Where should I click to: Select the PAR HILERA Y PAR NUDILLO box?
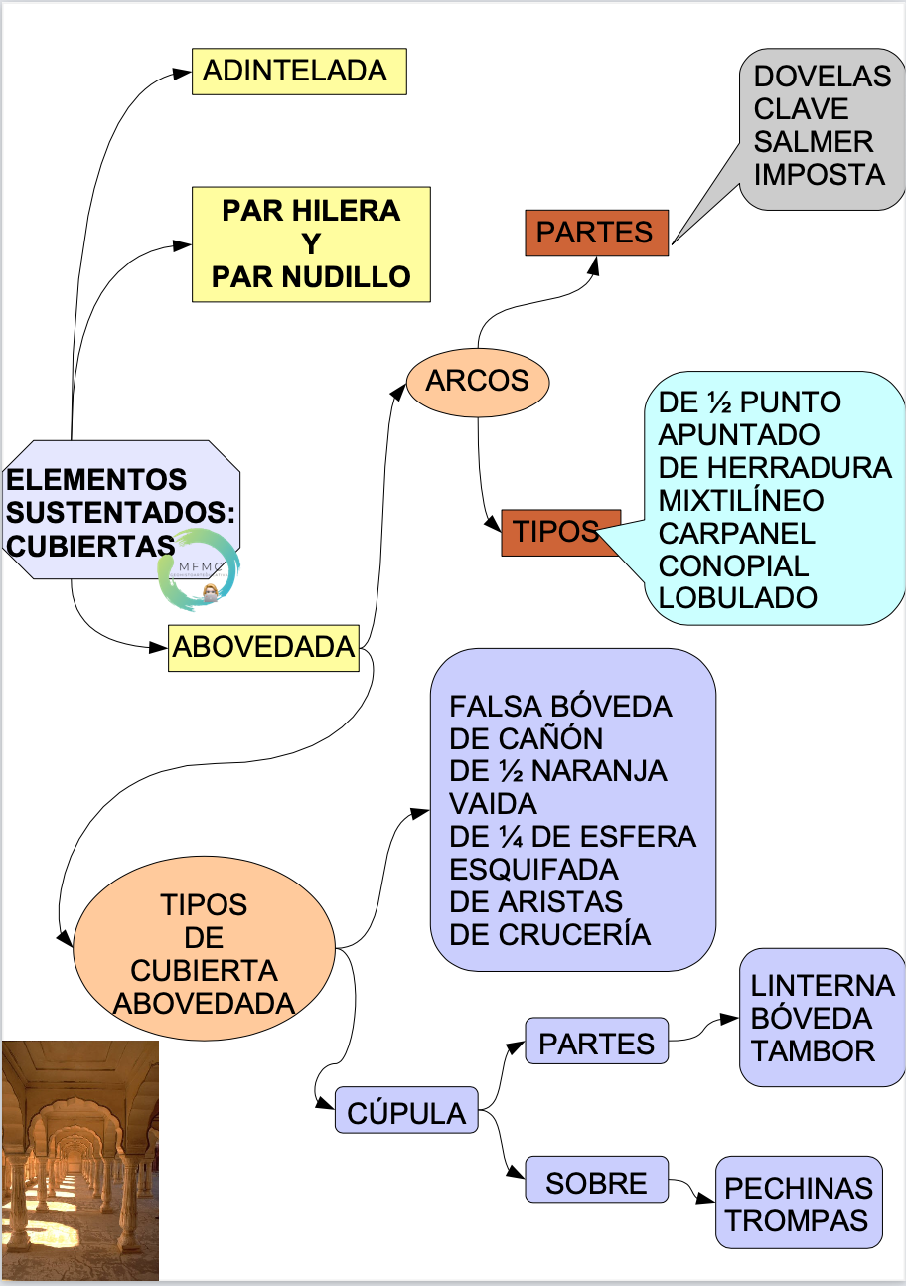[x=310, y=244]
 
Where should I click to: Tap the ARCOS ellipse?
[x=478, y=381]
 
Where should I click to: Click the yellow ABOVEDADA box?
[x=263, y=647]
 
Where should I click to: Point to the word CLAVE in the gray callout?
[x=802, y=108]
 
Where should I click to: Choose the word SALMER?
[x=814, y=141]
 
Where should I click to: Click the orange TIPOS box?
[x=559, y=532]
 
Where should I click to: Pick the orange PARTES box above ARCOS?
[x=596, y=233]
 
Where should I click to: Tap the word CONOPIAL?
[x=733, y=564]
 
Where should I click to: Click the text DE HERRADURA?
[x=775, y=467]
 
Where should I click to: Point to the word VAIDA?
[x=493, y=803]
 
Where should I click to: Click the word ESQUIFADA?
[x=533, y=869]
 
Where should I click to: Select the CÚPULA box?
[x=406, y=1111]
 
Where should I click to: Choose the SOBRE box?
[x=595, y=1182]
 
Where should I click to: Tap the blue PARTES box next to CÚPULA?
[x=596, y=1043]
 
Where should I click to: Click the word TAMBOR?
[x=813, y=1050]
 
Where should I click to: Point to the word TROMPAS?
[x=797, y=1220]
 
